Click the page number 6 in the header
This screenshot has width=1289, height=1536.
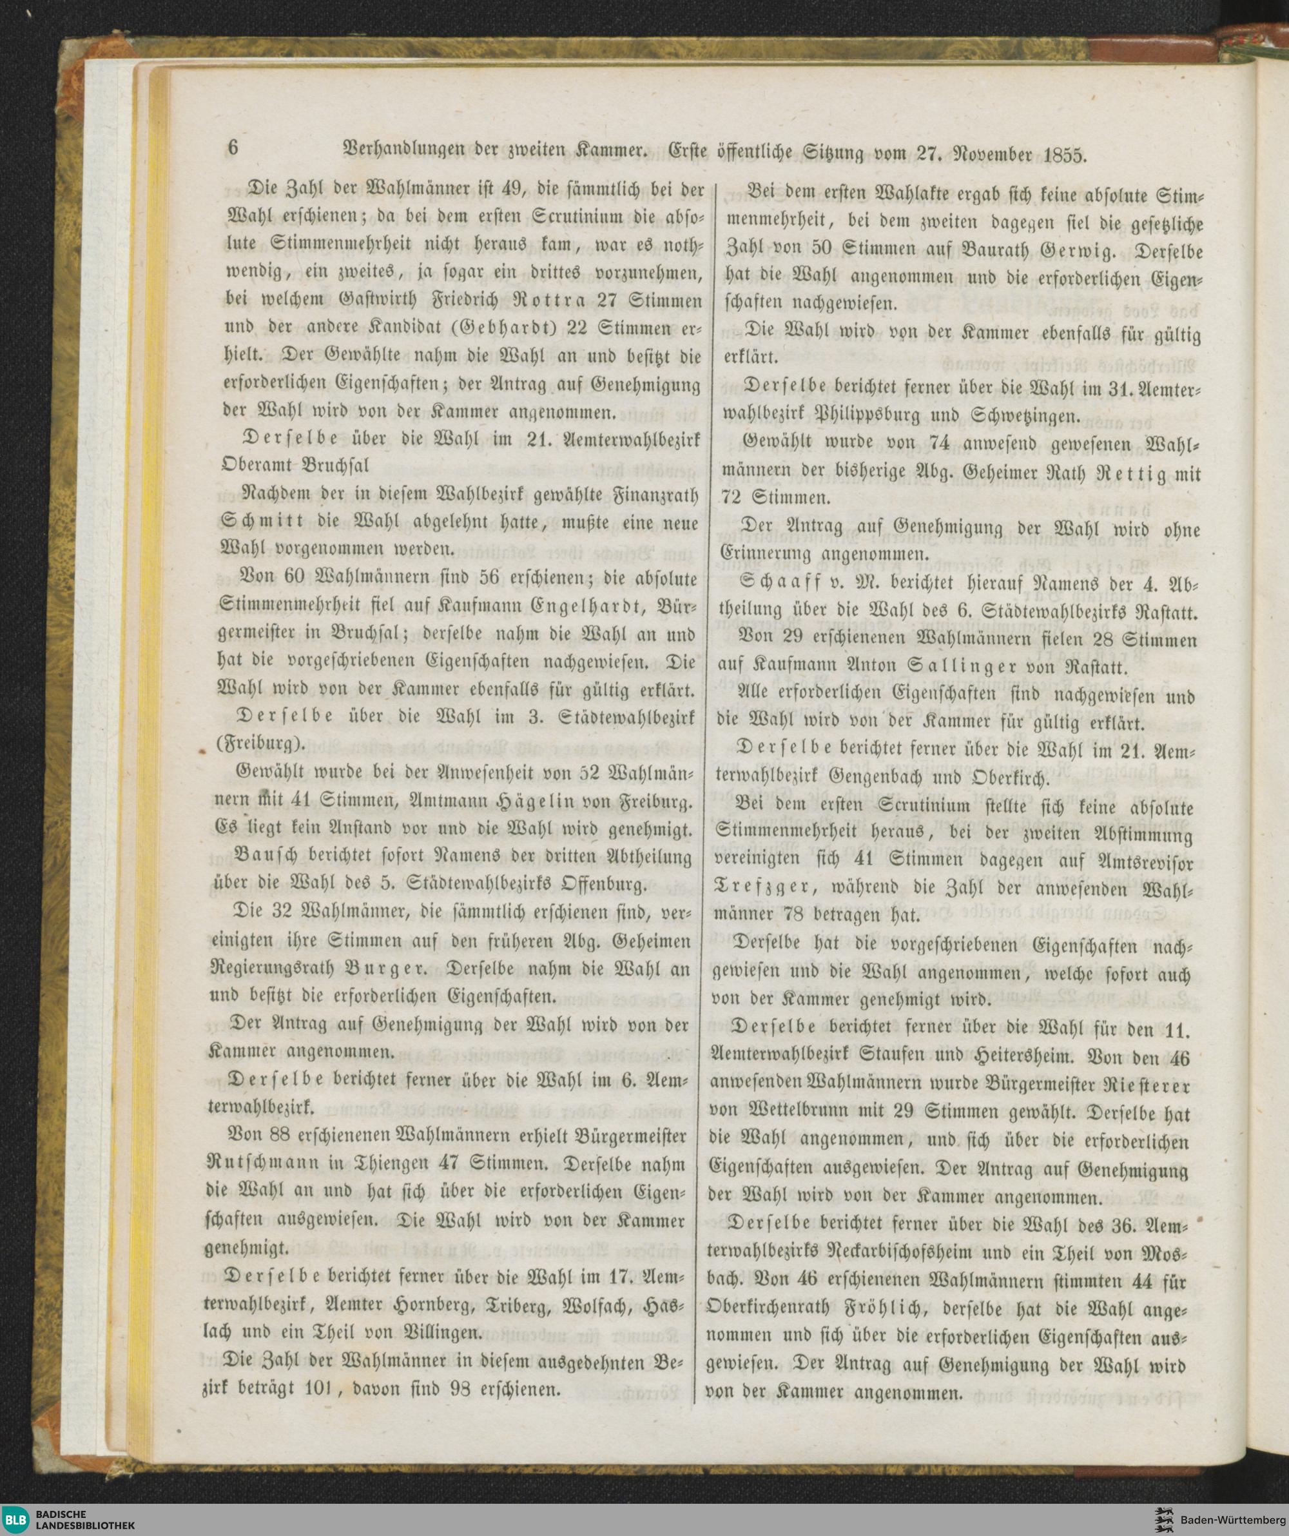point(234,148)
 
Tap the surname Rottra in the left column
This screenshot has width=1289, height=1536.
point(539,300)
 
